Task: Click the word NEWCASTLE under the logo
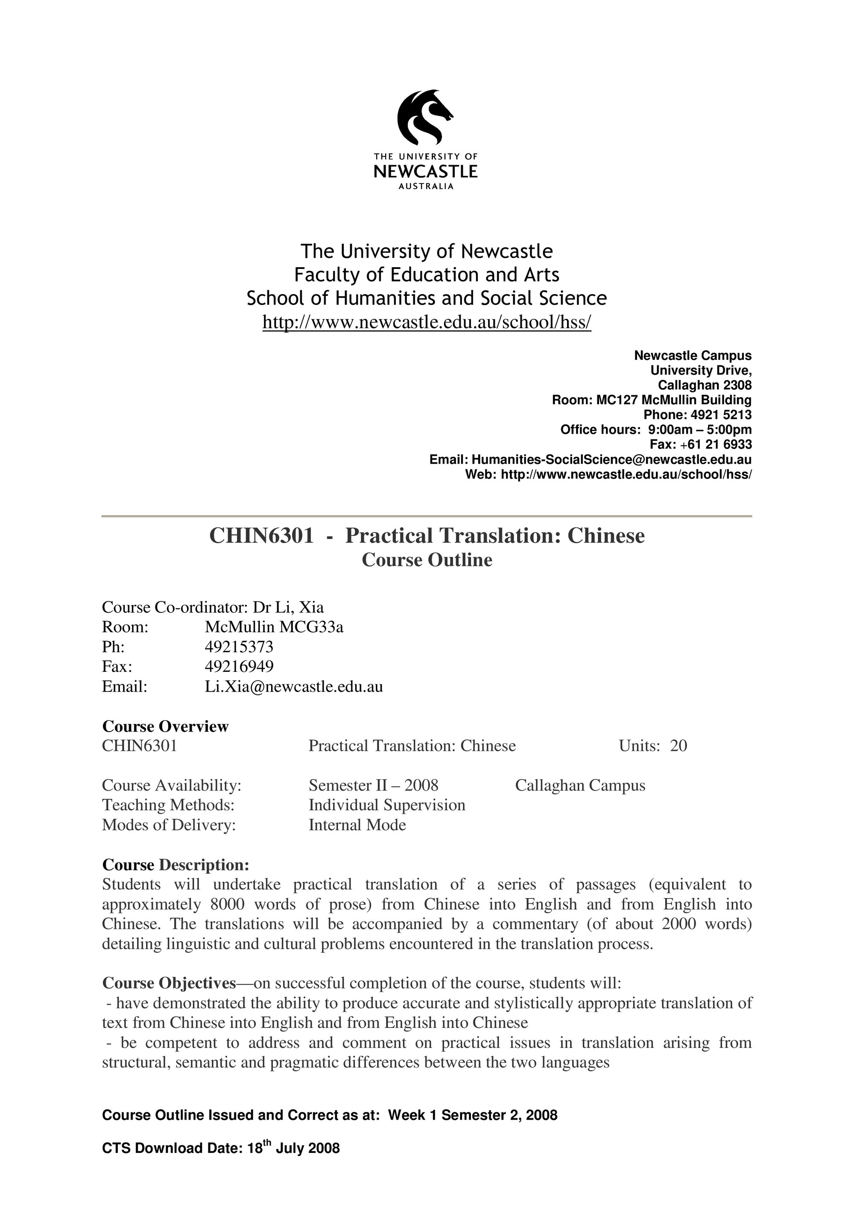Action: coord(425,172)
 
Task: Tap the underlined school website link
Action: coord(427,322)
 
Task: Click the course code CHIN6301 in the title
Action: coord(261,536)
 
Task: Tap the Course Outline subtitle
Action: coord(427,560)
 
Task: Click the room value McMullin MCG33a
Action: coord(274,627)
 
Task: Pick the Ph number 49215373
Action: coord(239,647)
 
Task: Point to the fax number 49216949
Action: coord(239,667)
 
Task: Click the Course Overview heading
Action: coord(165,726)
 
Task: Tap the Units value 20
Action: coord(678,746)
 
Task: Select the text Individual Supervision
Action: coord(387,805)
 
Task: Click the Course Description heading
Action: coord(175,865)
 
